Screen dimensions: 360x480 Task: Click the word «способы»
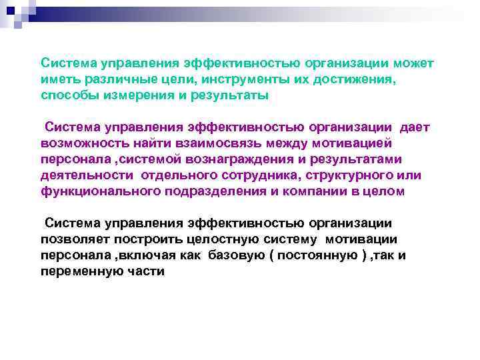pos(67,95)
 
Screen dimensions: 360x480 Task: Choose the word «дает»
pos(415,127)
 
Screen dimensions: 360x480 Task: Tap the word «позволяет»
pos(76,239)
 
